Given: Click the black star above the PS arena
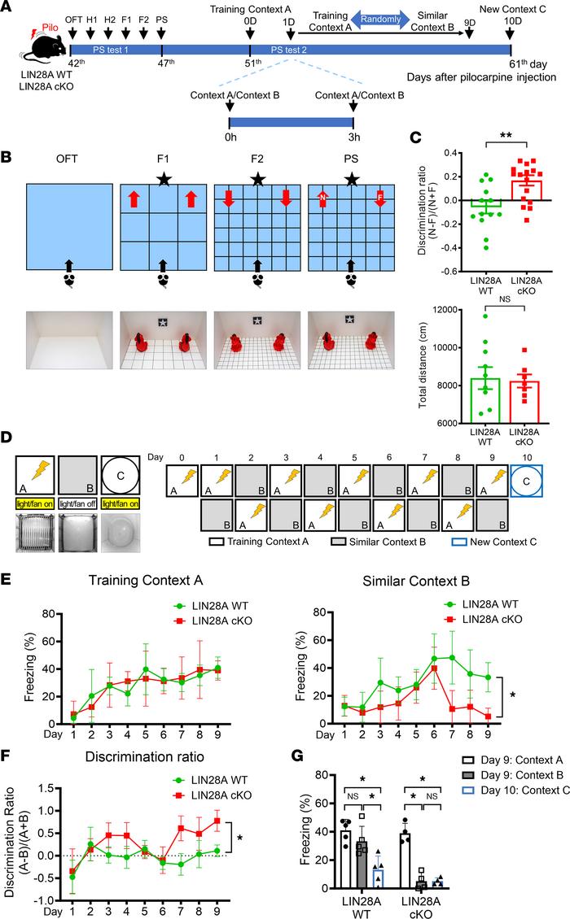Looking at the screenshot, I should (x=351, y=178).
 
